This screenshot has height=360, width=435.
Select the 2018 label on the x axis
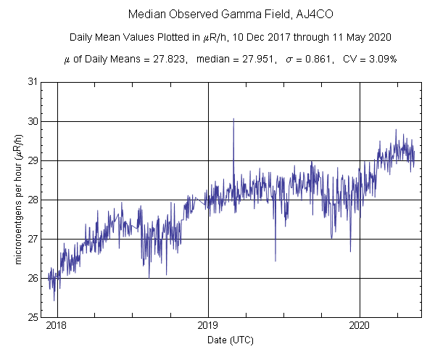[57, 327]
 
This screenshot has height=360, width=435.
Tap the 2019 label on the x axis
[208, 327]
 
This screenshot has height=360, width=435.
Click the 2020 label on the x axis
[360, 327]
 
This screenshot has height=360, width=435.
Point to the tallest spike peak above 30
[233, 119]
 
